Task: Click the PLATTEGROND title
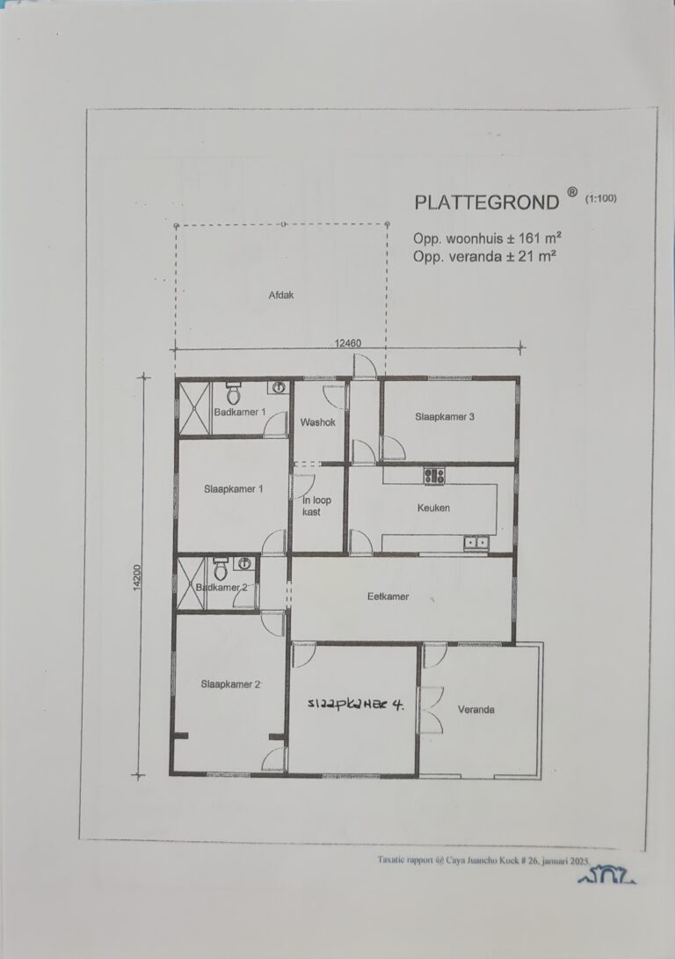click(486, 202)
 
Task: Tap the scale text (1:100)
click(600, 198)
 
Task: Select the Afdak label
click(281, 295)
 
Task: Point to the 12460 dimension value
click(347, 343)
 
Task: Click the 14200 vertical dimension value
click(137, 577)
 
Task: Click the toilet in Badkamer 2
click(221, 568)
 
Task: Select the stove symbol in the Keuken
click(433, 476)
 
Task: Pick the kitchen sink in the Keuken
click(475, 542)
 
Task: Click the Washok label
click(317, 422)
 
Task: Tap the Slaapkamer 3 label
click(445, 417)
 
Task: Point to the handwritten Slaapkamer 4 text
click(356, 704)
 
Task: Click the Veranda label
click(475, 709)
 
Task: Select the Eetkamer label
click(388, 597)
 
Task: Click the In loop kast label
click(316, 505)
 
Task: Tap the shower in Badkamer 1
click(194, 408)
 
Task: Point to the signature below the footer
click(606, 875)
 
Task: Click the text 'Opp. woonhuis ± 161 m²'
click(487, 238)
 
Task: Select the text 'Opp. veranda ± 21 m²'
click(483, 256)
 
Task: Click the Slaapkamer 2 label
click(230, 684)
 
